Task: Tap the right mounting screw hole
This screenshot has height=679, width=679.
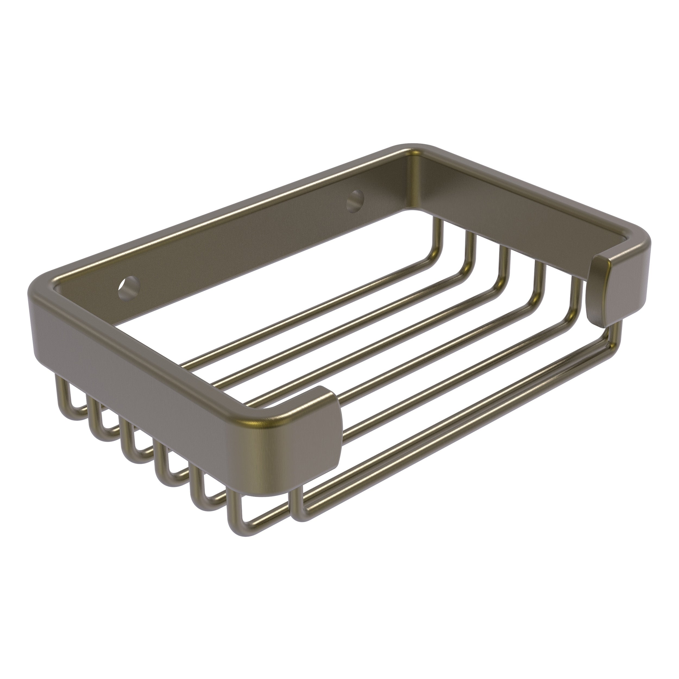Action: (356, 201)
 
